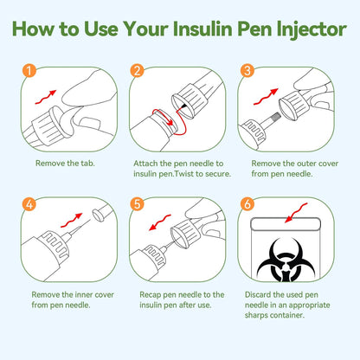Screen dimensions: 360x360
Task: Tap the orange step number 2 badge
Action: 136,71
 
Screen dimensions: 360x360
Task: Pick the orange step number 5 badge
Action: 136,205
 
